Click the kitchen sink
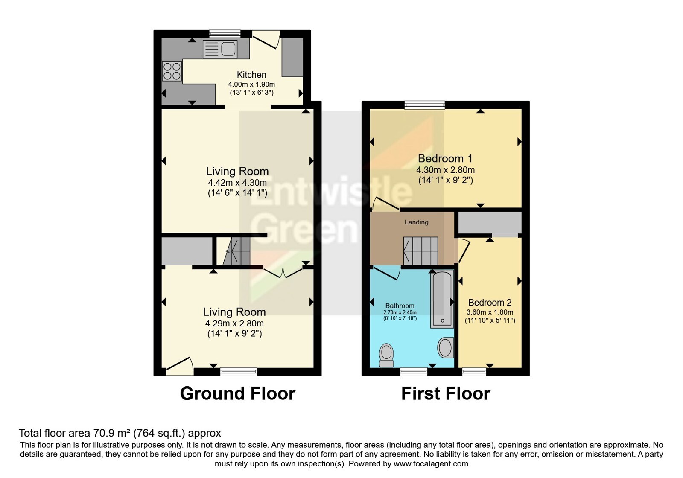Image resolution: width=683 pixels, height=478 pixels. click(x=220, y=49)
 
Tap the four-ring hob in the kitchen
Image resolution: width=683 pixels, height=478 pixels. click(x=172, y=71)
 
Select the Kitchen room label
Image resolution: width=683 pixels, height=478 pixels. click(x=251, y=75)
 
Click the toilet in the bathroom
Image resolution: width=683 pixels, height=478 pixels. click(x=386, y=355)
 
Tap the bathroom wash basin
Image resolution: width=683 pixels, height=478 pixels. click(x=446, y=347)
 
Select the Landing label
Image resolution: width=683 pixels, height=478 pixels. click(x=416, y=222)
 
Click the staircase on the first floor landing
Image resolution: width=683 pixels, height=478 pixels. click(x=420, y=251)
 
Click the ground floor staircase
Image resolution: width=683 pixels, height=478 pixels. click(x=236, y=251)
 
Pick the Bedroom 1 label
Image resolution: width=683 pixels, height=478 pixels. click(x=445, y=158)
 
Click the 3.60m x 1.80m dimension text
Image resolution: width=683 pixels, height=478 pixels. click(x=490, y=312)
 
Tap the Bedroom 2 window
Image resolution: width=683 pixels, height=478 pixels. click(x=474, y=372)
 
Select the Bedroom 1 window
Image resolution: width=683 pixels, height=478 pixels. click(x=424, y=105)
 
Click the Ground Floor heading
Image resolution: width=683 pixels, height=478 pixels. click(x=237, y=393)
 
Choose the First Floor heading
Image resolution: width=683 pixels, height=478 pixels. click(x=446, y=393)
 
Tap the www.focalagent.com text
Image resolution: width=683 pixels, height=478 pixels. click(x=431, y=464)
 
